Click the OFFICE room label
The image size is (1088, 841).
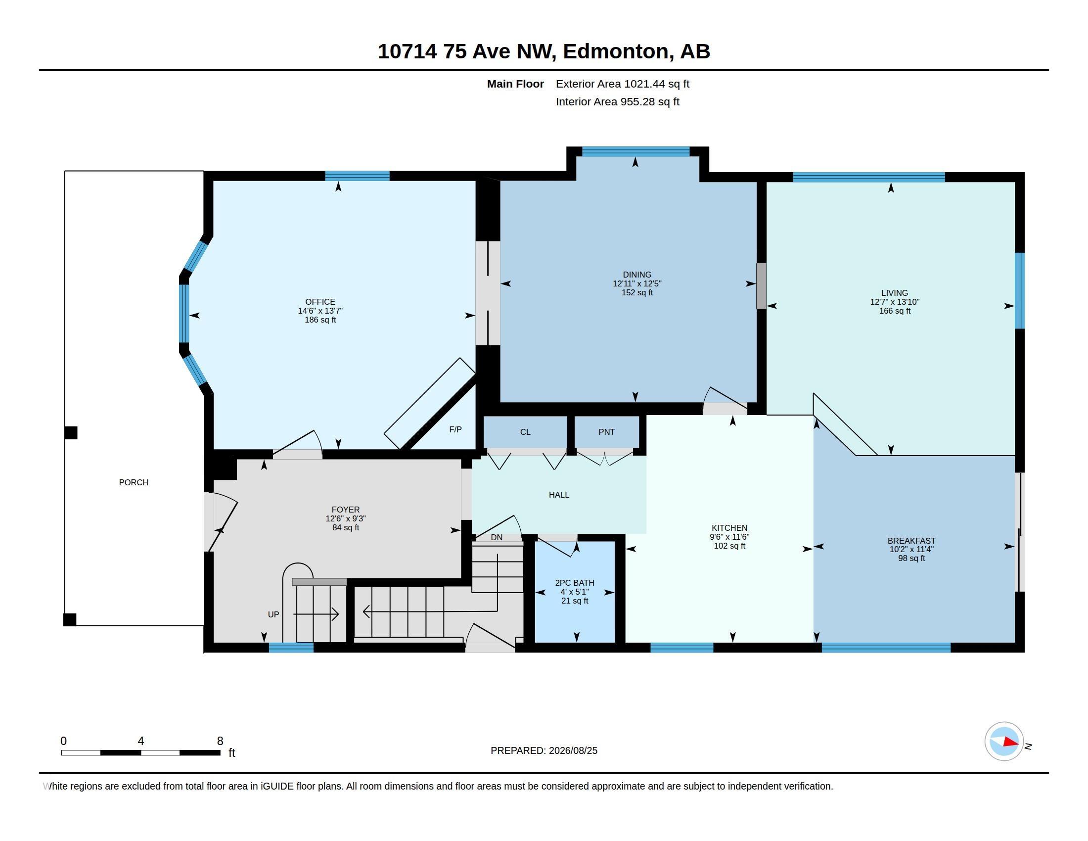pos(320,302)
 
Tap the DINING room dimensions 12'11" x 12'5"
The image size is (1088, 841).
pos(636,283)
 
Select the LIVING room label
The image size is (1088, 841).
pos(894,293)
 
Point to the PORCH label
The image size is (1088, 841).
pos(134,482)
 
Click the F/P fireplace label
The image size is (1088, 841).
pos(455,429)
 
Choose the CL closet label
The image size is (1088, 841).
pos(525,432)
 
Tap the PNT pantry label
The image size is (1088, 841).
pos(606,432)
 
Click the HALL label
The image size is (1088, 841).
pos(558,495)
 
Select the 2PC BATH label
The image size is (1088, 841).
pos(574,583)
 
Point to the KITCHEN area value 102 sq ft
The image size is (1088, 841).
pos(729,546)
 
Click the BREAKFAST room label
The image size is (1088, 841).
pos(911,541)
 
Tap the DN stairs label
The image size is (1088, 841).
pos(497,538)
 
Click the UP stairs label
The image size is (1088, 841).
pos(273,614)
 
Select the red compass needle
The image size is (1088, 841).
pos(1010,742)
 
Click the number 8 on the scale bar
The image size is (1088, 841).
pos(220,741)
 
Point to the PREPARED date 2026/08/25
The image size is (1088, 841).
pos(573,750)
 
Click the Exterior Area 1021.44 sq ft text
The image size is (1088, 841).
pos(622,84)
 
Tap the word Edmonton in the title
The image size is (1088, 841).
pos(616,51)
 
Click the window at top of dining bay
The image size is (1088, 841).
pos(635,151)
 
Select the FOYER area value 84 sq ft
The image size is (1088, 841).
pos(345,528)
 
